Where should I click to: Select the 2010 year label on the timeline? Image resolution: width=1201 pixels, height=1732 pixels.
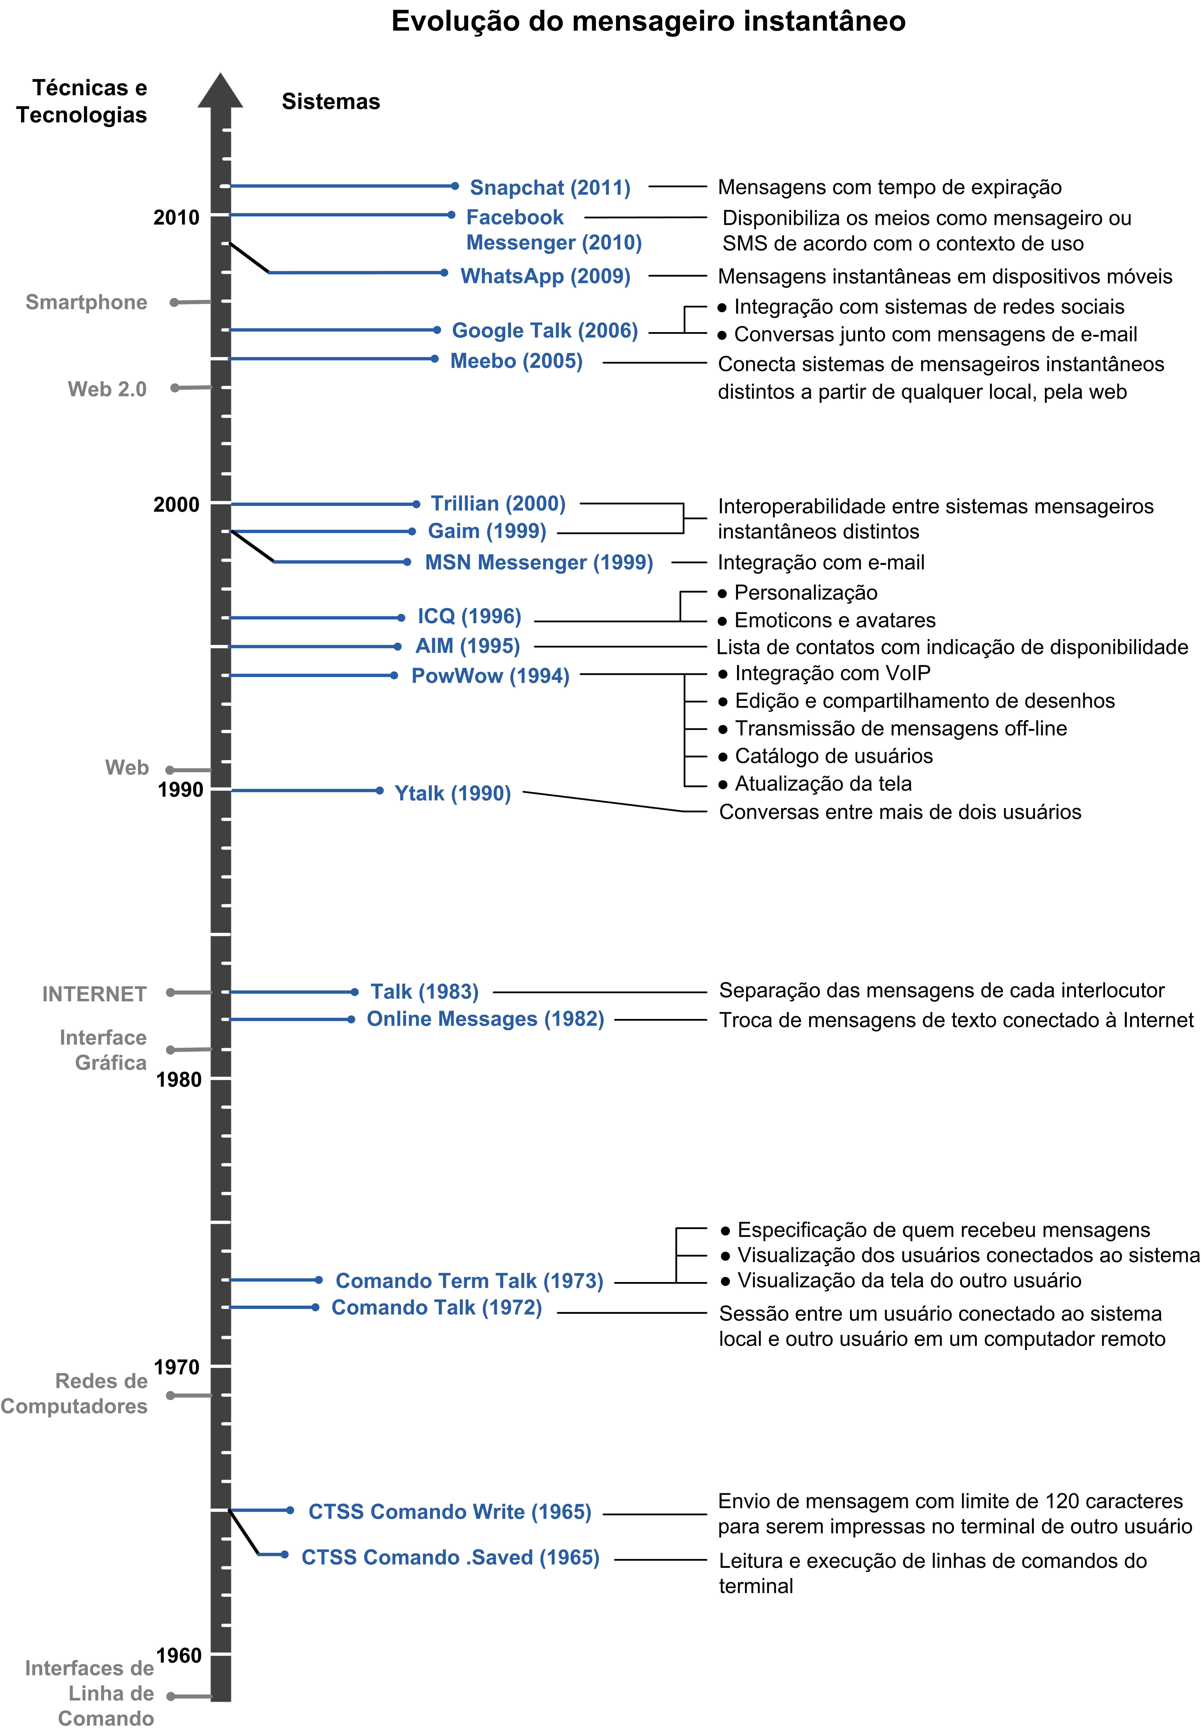177,218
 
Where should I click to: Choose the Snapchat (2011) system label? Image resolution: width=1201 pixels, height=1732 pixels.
550,187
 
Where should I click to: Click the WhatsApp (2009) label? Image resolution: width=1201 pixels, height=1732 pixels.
546,276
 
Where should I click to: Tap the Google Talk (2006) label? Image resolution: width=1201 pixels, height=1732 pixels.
545,330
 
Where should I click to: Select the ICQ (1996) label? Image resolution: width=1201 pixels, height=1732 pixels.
470,616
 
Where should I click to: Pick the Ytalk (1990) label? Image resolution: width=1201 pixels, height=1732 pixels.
453,793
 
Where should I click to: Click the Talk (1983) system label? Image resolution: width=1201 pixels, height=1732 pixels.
424,992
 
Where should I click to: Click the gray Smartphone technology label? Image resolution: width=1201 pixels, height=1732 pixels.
87,303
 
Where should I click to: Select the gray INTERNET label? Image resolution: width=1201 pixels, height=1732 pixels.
94,994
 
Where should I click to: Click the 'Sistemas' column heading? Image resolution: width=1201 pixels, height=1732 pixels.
331,102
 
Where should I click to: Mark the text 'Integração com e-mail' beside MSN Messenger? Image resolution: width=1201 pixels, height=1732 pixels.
821,562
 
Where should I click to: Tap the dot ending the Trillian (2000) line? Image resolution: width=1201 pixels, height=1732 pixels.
416,503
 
